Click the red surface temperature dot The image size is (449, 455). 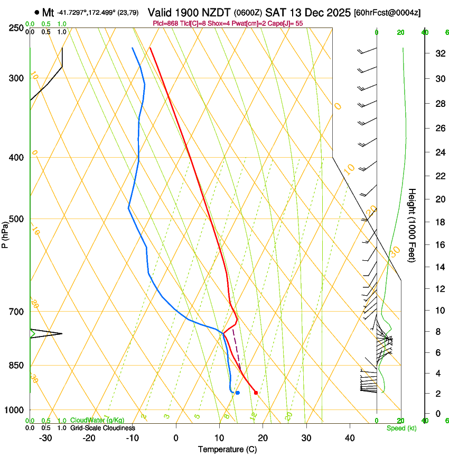point(256,393)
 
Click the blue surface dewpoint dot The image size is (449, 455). point(238,393)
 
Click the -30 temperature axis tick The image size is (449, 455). point(45,438)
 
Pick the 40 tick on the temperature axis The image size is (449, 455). point(349,438)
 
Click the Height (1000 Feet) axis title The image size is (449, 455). point(412,225)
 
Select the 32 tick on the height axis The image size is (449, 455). point(438,53)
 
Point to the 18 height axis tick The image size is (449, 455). point(438,222)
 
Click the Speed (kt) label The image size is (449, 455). point(401,428)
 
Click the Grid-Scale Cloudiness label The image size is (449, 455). point(102,428)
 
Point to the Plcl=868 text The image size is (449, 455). point(166,24)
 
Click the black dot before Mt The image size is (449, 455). point(36,12)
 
